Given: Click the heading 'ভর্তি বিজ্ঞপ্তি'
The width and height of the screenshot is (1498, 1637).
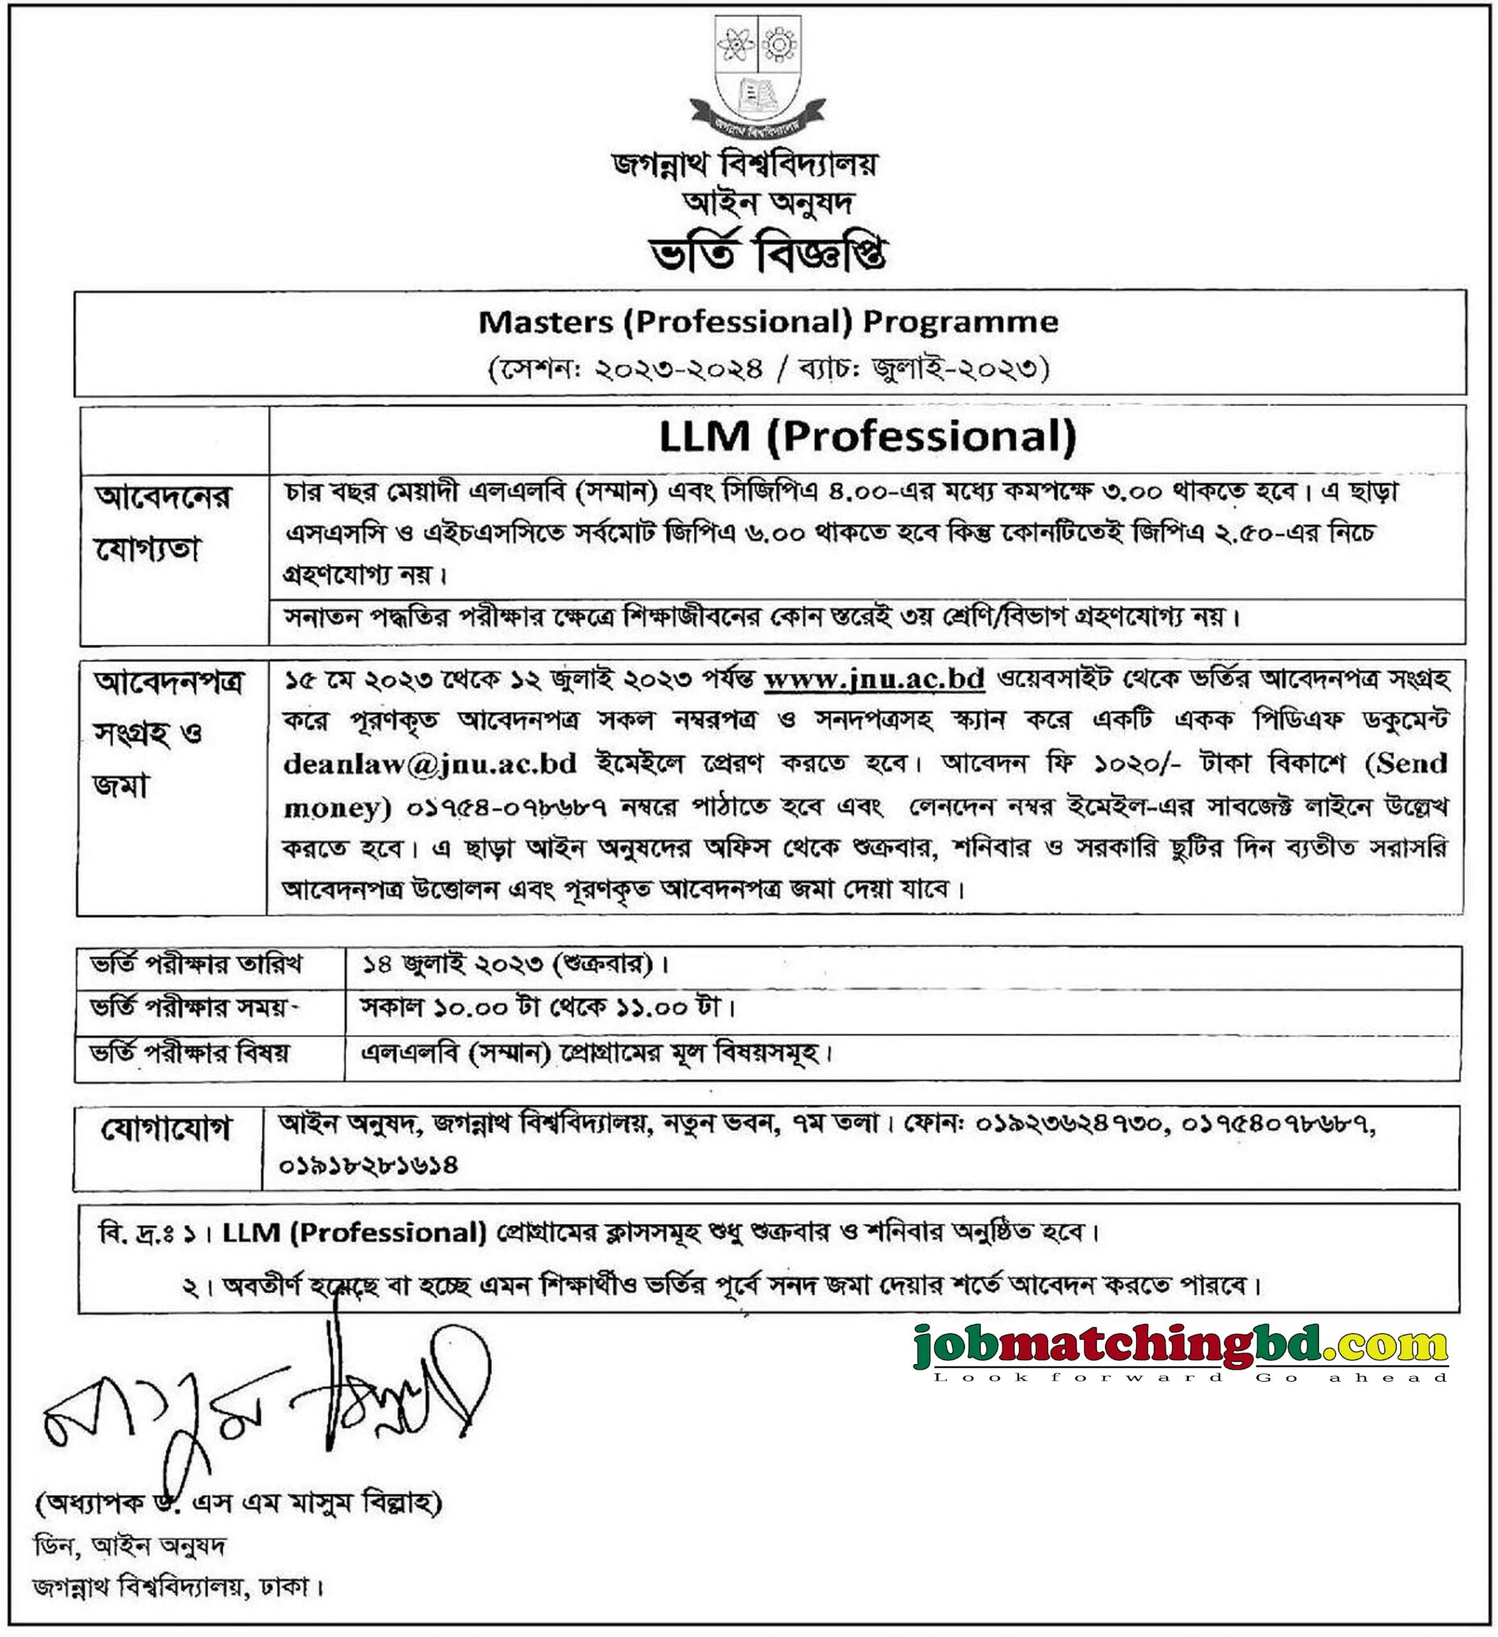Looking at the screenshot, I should pos(767,253).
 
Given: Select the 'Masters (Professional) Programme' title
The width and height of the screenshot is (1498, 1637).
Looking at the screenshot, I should pos(768,322).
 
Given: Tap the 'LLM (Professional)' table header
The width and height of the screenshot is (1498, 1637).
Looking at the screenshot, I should pos(867,437).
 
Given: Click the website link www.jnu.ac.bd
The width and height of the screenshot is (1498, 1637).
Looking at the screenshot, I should pos(875,679).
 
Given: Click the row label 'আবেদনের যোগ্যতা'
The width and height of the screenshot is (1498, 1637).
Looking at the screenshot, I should pos(162,524).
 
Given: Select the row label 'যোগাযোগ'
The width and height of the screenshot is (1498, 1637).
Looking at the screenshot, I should pos(166,1129).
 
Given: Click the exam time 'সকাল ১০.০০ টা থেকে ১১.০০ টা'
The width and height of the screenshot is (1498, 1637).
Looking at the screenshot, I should pos(548,1008).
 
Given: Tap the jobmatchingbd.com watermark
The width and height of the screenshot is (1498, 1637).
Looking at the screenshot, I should pos(1180,1345).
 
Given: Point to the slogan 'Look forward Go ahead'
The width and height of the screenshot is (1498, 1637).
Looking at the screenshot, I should pos(1190,1377).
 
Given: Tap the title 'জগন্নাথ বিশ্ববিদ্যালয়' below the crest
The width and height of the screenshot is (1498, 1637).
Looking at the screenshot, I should pos(745,166).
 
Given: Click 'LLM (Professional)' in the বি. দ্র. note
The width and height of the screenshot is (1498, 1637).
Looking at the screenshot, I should pos(354,1233).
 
